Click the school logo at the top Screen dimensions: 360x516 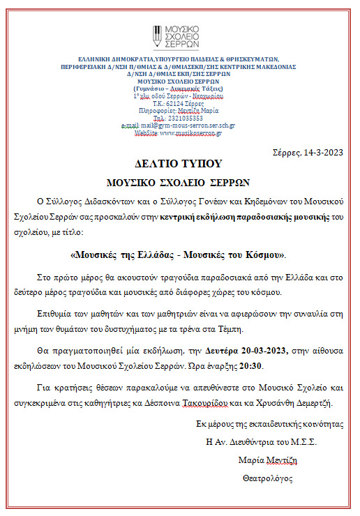178,38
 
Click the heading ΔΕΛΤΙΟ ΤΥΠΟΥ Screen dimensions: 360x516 178,164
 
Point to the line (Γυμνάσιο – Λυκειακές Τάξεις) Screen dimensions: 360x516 178,89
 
